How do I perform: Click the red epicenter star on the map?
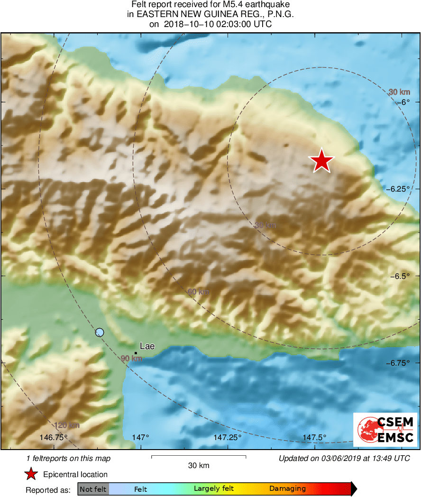pyautogui.click(x=321, y=160)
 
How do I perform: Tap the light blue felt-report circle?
pyautogui.click(x=99, y=332)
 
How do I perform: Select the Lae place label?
pyautogui.click(x=147, y=346)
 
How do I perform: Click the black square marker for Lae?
pyautogui.click(x=136, y=353)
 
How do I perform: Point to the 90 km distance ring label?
pyautogui.click(x=131, y=359)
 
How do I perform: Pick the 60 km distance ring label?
pyautogui.click(x=198, y=292)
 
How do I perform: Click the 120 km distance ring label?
pyautogui.click(x=67, y=425)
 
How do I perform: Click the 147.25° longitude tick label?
pyautogui.click(x=229, y=437)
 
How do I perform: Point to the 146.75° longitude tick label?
pyautogui.click(x=54, y=437)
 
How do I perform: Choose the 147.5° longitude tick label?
pyautogui.click(x=315, y=437)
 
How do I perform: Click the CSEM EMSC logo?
pyautogui.click(x=385, y=430)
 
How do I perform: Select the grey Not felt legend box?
pyautogui.click(x=93, y=489)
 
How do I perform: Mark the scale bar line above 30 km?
pyautogui.click(x=199, y=456)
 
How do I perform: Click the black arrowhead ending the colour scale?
pyautogui.click(x=354, y=488)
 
